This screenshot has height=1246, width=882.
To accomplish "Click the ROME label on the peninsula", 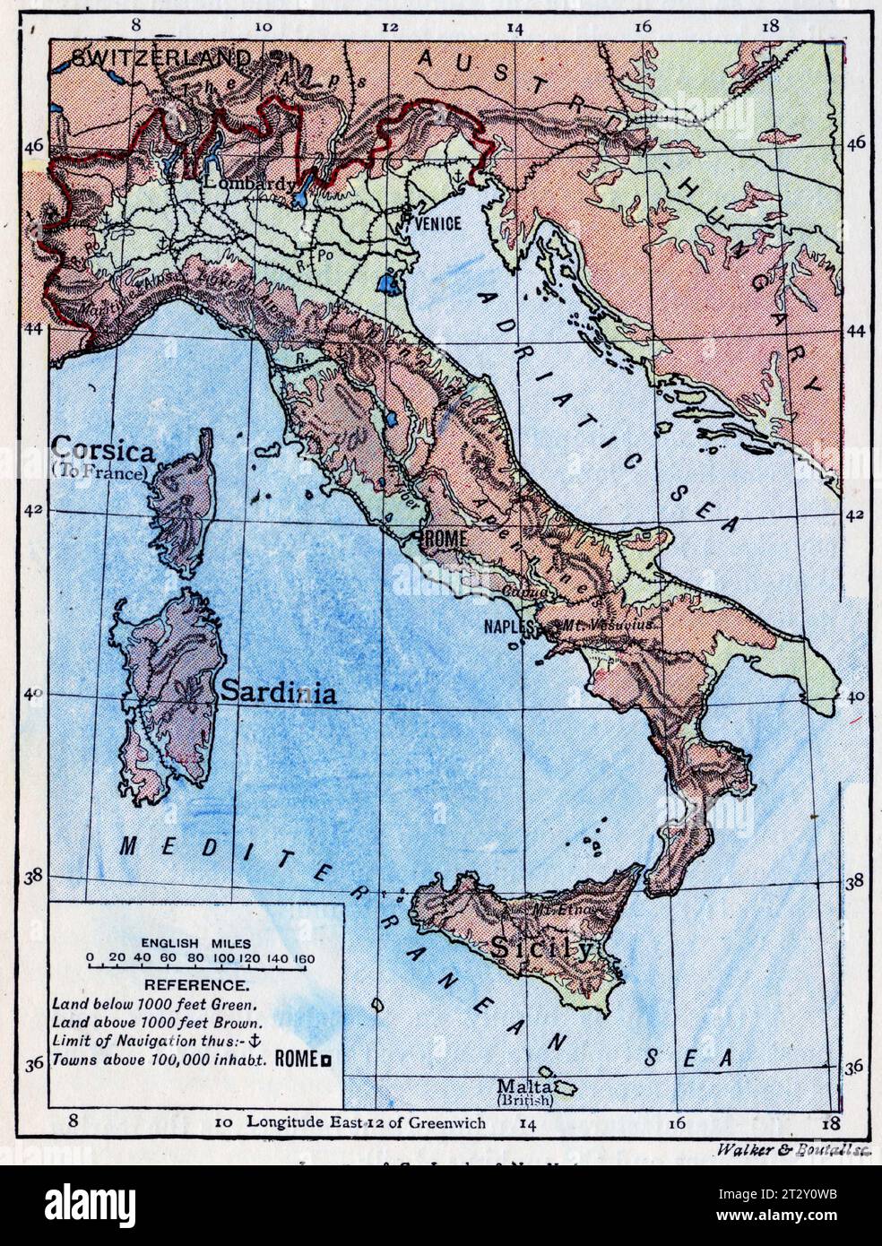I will (x=441, y=540).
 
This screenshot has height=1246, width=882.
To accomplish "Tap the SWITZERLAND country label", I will (x=160, y=58).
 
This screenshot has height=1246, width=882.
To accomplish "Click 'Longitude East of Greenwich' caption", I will (x=367, y=1121).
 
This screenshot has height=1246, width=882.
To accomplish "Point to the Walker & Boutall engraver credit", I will (x=794, y=1149).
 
